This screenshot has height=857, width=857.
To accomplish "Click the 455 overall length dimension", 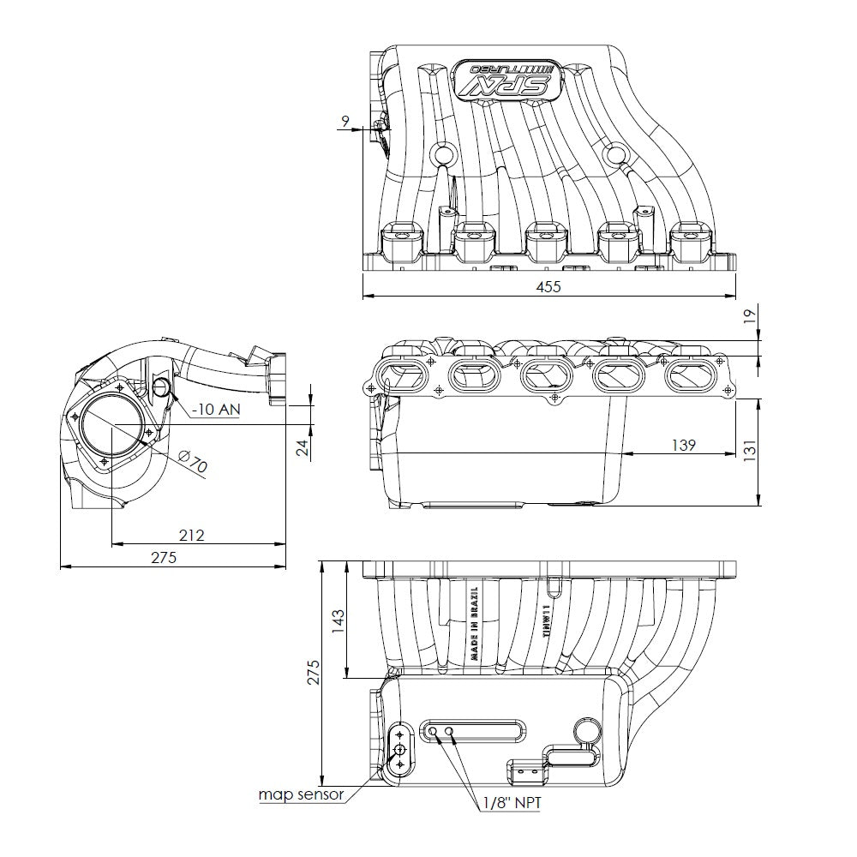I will pyautogui.click(x=548, y=287).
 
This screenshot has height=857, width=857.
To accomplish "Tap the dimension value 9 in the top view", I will pyautogui.click(x=345, y=122).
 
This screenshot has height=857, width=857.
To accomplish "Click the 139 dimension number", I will pyautogui.click(x=682, y=444).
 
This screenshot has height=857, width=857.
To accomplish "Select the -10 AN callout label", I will pyautogui.click(x=215, y=409).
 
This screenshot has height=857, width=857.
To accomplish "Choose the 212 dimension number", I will pyautogui.click(x=192, y=535).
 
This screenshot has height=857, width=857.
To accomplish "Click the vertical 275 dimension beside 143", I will pyautogui.click(x=313, y=672).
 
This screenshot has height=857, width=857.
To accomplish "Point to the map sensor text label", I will pyautogui.click(x=302, y=794).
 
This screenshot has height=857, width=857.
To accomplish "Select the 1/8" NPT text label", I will pyautogui.click(x=511, y=803).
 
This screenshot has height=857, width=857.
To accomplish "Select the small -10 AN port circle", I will pyautogui.click(x=163, y=388).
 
